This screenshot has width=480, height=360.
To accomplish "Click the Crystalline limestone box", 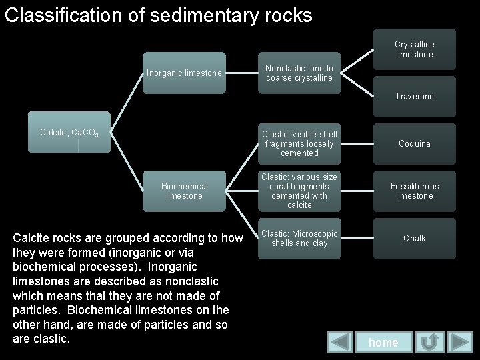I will (414, 49).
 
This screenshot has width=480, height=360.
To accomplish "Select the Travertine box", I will (414, 97).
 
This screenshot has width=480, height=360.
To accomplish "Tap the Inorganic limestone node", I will (184, 73).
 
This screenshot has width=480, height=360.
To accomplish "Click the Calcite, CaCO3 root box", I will (69, 133).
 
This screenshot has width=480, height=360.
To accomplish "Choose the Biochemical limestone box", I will (184, 191).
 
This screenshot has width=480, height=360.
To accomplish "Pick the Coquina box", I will (414, 143).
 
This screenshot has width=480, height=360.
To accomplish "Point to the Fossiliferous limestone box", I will (414, 191).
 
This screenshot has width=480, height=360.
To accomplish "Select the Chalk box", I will (414, 238).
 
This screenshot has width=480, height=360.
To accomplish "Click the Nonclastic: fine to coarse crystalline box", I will (299, 73).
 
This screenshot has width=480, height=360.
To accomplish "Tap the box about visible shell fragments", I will (299, 143).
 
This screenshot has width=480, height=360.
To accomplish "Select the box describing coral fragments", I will (299, 191).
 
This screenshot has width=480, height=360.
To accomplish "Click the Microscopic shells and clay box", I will (299, 238).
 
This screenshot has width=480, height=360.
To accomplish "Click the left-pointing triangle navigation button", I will (341, 342).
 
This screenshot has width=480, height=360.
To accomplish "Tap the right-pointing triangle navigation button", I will (461, 342).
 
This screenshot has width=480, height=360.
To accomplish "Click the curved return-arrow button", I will (430, 342).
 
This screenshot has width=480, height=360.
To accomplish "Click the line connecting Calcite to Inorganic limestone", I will (127, 100).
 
